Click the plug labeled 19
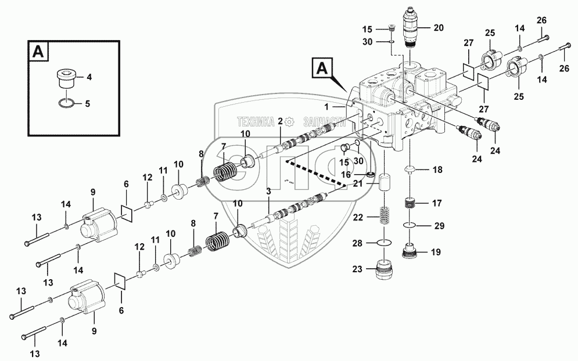coord(411,252)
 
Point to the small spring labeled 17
coord(411,204)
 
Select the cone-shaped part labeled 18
coord(411,170)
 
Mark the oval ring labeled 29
coord(411,226)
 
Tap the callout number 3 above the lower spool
coord(268,191)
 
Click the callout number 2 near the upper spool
coord(280,121)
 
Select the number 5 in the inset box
coord(87,105)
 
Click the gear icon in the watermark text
coord(290,121)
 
